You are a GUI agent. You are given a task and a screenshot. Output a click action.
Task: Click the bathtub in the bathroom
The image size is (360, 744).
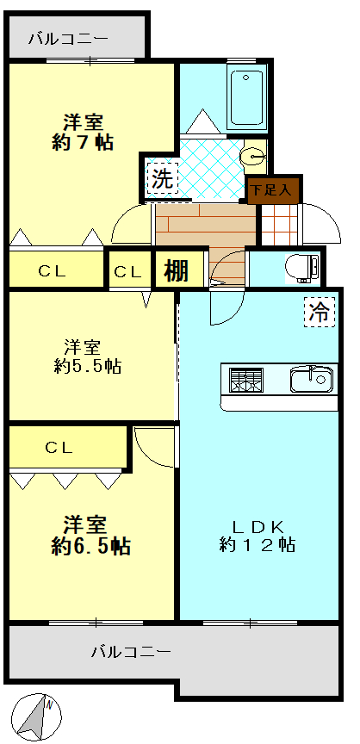[245, 96]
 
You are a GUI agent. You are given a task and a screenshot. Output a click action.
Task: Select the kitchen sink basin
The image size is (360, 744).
[311, 379]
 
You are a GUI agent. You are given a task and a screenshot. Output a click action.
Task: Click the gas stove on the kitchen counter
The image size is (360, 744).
[246, 380]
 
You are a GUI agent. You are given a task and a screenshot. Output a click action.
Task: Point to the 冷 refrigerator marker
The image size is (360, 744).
[320, 312]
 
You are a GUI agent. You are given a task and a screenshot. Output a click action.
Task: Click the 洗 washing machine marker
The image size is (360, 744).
[162, 177]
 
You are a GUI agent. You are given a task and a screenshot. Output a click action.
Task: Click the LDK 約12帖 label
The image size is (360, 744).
[257, 536]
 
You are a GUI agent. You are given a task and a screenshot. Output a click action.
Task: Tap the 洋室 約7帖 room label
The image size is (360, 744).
[84, 133]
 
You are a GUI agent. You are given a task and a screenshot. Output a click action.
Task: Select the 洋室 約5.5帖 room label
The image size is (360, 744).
[87, 356]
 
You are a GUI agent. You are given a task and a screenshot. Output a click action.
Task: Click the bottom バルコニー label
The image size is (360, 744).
[131, 652]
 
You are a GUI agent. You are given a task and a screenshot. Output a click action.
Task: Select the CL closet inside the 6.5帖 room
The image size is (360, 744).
[67, 447]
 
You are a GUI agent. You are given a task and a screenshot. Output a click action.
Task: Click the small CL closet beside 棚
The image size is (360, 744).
[128, 271]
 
